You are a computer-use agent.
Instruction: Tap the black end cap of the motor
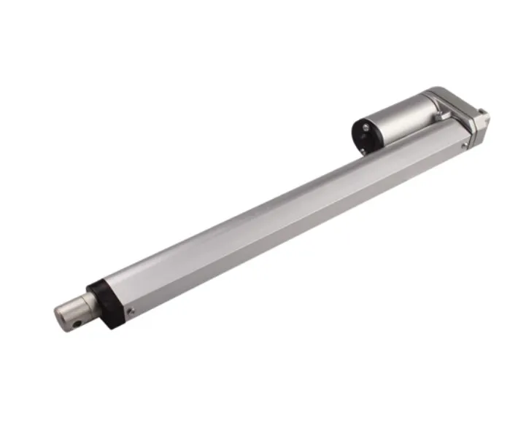point(363,135)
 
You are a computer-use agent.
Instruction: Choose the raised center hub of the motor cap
point(362,136)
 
